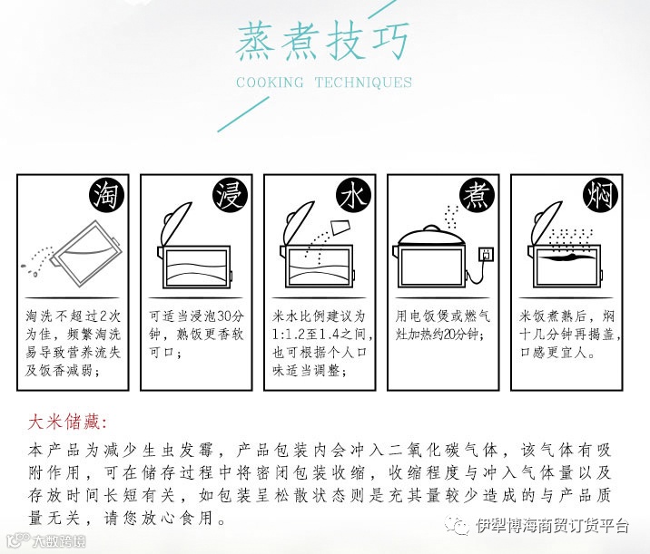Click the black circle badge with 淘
[108, 195]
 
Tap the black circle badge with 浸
[231, 195]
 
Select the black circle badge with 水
[354, 195]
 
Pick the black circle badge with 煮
[478, 195]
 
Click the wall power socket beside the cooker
[487, 254]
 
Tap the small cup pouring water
[341, 227]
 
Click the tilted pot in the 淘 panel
[86, 254]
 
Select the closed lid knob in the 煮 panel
[431, 228]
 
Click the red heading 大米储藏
[67, 423]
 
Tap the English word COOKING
[270, 82]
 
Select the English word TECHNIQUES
[363, 82]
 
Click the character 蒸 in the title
[256, 42]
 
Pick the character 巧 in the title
[389, 42]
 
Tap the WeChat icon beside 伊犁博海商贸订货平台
[458, 525]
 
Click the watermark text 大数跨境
[60, 541]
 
